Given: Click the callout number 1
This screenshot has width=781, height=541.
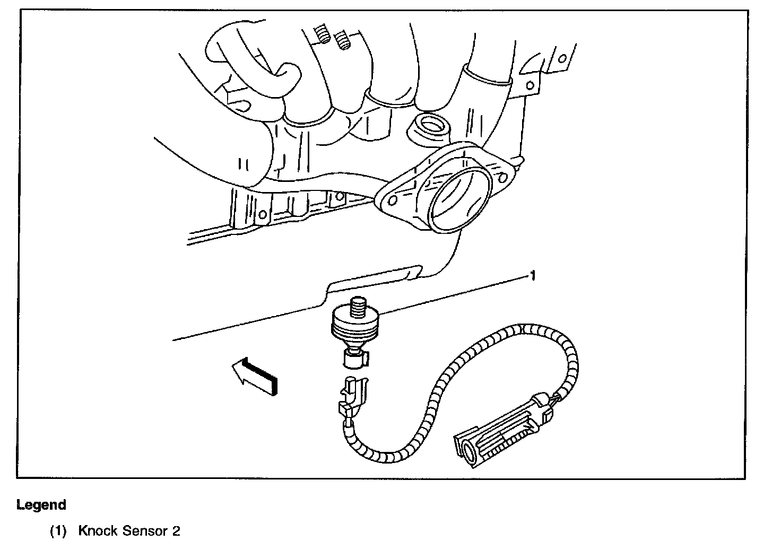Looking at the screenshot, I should pyautogui.click(x=532, y=275).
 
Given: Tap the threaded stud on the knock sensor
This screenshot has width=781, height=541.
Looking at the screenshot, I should pyautogui.click(x=357, y=308).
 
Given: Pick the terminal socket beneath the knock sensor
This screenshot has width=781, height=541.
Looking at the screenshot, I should pyautogui.click(x=353, y=359).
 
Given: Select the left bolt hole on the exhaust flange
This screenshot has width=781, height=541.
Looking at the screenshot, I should pyautogui.click(x=393, y=200).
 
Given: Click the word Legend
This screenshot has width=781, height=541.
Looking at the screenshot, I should pyautogui.click(x=41, y=505).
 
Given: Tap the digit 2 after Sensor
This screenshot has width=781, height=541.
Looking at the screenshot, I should pyautogui.click(x=176, y=530).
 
